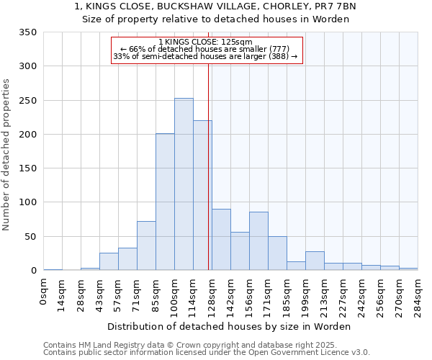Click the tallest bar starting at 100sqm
(x=184, y=184)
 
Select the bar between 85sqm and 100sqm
(x=165, y=202)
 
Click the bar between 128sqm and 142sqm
(x=221, y=240)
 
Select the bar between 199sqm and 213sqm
(x=315, y=261)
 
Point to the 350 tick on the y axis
(x=28, y=32)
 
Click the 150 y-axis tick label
(x=28, y=168)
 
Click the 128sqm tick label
(x=212, y=295)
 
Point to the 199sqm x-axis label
(x=306, y=295)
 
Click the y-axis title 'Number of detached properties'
(x=6, y=156)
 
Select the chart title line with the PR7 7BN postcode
(x=215, y=6)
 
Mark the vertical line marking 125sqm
(x=208, y=166)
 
